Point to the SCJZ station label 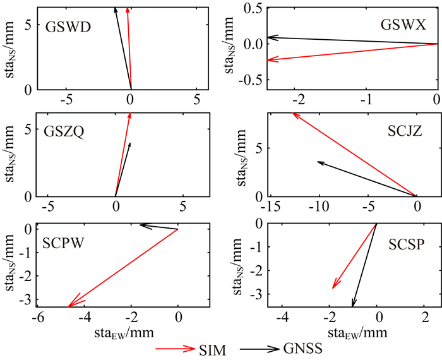pos(402,131)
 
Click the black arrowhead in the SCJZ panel pos(320,163)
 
